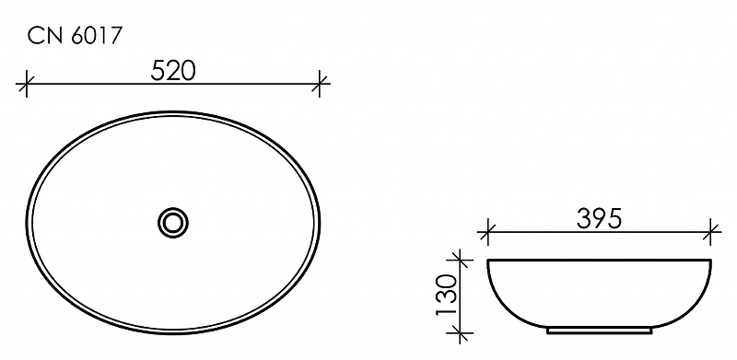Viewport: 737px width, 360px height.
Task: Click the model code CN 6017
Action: click(75, 36)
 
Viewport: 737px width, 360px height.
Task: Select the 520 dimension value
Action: click(173, 71)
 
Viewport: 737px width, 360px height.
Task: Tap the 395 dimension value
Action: click(599, 219)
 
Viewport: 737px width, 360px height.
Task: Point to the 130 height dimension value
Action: click(447, 296)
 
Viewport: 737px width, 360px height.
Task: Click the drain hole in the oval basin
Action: click(173, 222)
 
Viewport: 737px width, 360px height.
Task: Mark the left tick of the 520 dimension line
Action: click(27, 84)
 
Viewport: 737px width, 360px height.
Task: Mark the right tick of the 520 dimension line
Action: click(320, 84)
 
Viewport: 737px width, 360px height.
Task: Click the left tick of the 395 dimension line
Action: click(488, 232)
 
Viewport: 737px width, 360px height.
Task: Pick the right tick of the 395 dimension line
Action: click(710, 232)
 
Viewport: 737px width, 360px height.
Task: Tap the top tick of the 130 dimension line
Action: click(459, 260)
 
